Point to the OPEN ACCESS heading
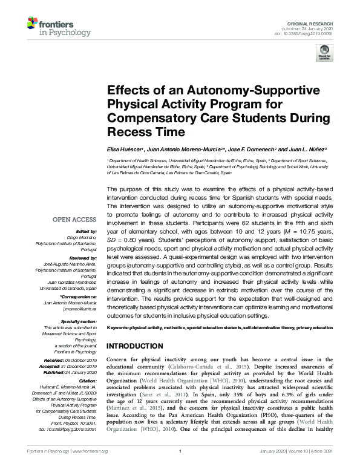point(74,220)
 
